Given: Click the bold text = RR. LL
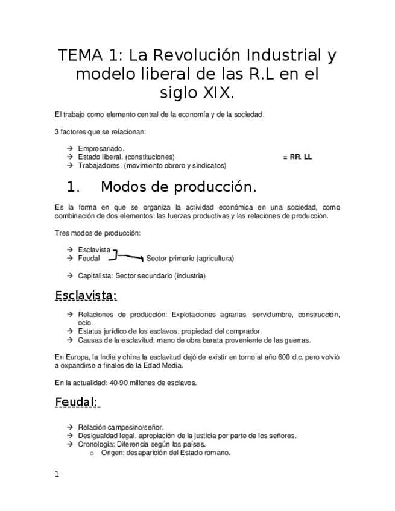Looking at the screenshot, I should tap(297, 157).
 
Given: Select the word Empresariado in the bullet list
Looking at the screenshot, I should tap(101, 148).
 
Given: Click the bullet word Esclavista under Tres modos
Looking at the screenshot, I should tap(94, 249).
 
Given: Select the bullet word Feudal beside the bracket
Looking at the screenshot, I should tap(89, 258).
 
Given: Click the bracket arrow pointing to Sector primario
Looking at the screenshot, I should tap(129, 257).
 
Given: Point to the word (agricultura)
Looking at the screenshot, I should tap(214, 259).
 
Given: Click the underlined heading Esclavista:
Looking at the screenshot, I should tap(85, 296).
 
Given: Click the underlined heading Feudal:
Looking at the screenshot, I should tap(77, 402).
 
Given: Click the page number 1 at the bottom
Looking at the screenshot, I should tap(57, 475).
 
